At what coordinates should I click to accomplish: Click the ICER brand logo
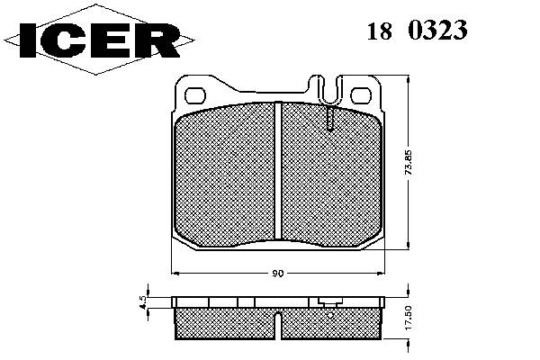pyautogui.click(x=99, y=40)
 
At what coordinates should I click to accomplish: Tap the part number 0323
pyautogui.click(x=437, y=30)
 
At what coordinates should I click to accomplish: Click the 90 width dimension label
pyautogui.click(x=277, y=274)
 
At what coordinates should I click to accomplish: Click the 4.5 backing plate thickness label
pyautogui.click(x=144, y=302)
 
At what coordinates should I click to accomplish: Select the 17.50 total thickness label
pyautogui.click(x=409, y=318)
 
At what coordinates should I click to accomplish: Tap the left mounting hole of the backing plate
pyautogui.click(x=195, y=95)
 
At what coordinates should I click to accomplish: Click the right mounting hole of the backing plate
pyautogui.click(x=362, y=95)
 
